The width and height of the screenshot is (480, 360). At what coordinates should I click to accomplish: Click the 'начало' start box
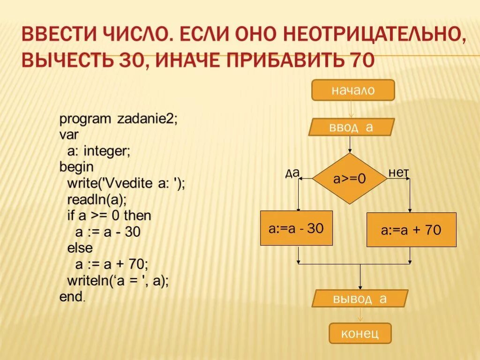click(x=353, y=90)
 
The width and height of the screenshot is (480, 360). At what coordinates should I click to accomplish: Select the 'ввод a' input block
click(x=352, y=127)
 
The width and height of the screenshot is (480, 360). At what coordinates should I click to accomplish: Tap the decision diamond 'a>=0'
click(x=349, y=178)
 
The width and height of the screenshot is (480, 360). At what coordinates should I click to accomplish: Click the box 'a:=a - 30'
click(x=296, y=228)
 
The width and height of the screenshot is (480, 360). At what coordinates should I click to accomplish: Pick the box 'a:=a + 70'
click(x=411, y=230)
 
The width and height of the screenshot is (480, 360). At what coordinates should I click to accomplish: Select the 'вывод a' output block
click(x=360, y=299)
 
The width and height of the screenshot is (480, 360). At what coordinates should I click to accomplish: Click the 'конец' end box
click(x=360, y=333)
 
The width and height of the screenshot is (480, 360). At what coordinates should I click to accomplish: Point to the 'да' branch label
click(x=292, y=173)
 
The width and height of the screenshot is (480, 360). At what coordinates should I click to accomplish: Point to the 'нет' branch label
click(x=398, y=172)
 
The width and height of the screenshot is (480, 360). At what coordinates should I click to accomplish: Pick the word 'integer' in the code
click(x=107, y=151)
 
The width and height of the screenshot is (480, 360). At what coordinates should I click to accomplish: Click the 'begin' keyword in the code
click(x=76, y=167)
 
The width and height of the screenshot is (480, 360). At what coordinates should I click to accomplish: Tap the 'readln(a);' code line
click(x=97, y=200)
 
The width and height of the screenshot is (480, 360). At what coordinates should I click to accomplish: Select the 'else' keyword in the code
click(x=80, y=247)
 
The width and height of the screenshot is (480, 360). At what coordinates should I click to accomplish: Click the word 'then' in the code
click(x=137, y=216)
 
